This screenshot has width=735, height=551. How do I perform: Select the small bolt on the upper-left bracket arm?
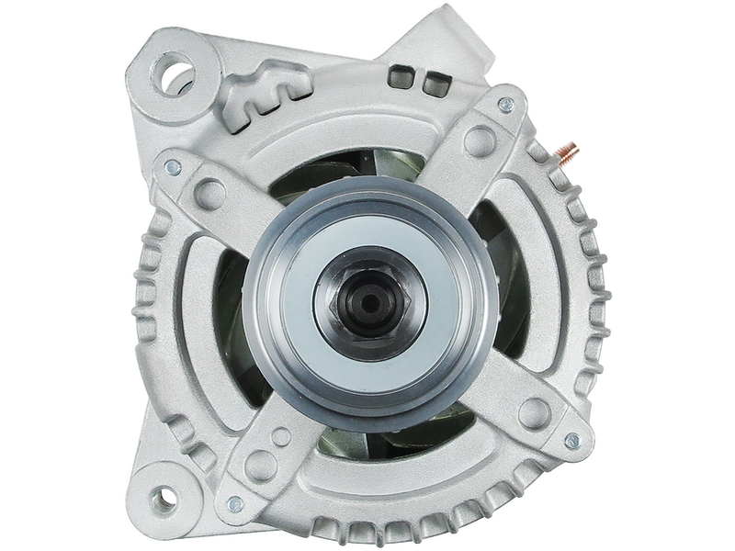(x=170, y=169)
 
